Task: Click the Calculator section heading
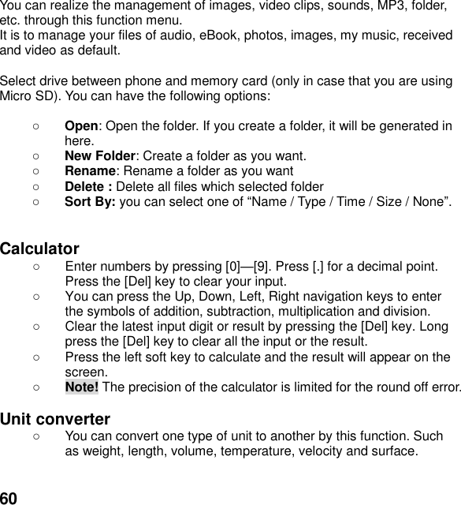[39, 249]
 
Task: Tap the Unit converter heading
[55, 418]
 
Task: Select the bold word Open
[81, 126]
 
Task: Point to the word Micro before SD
[17, 96]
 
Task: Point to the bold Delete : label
[88, 187]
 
